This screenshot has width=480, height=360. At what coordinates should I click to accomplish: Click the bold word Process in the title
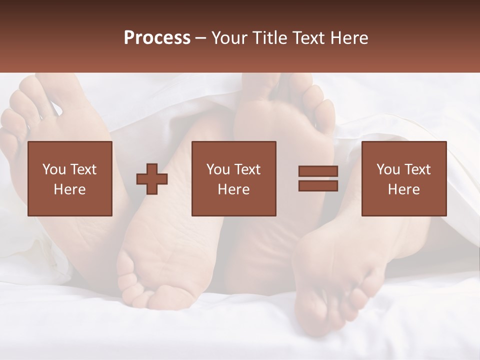(157, 38)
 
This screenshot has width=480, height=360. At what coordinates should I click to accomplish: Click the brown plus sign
(152, 179)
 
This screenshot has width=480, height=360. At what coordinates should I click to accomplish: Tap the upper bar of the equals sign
(318, 171)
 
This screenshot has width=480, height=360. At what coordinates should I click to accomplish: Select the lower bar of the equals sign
(318, 186)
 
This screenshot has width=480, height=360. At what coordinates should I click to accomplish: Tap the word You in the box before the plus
(53, 169)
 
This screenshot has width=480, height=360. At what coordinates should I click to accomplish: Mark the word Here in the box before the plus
(69, 189)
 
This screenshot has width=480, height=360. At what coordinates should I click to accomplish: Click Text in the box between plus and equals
(247, 169)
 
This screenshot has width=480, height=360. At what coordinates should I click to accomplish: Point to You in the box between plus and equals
(217, 169)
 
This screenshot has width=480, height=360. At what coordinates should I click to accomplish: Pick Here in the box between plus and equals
(233, 189)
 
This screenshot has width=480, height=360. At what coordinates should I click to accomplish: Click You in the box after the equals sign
(387, 169)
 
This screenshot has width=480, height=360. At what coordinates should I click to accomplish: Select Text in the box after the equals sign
(417, 169)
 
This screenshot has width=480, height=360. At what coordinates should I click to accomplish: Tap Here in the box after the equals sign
(403, 189)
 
